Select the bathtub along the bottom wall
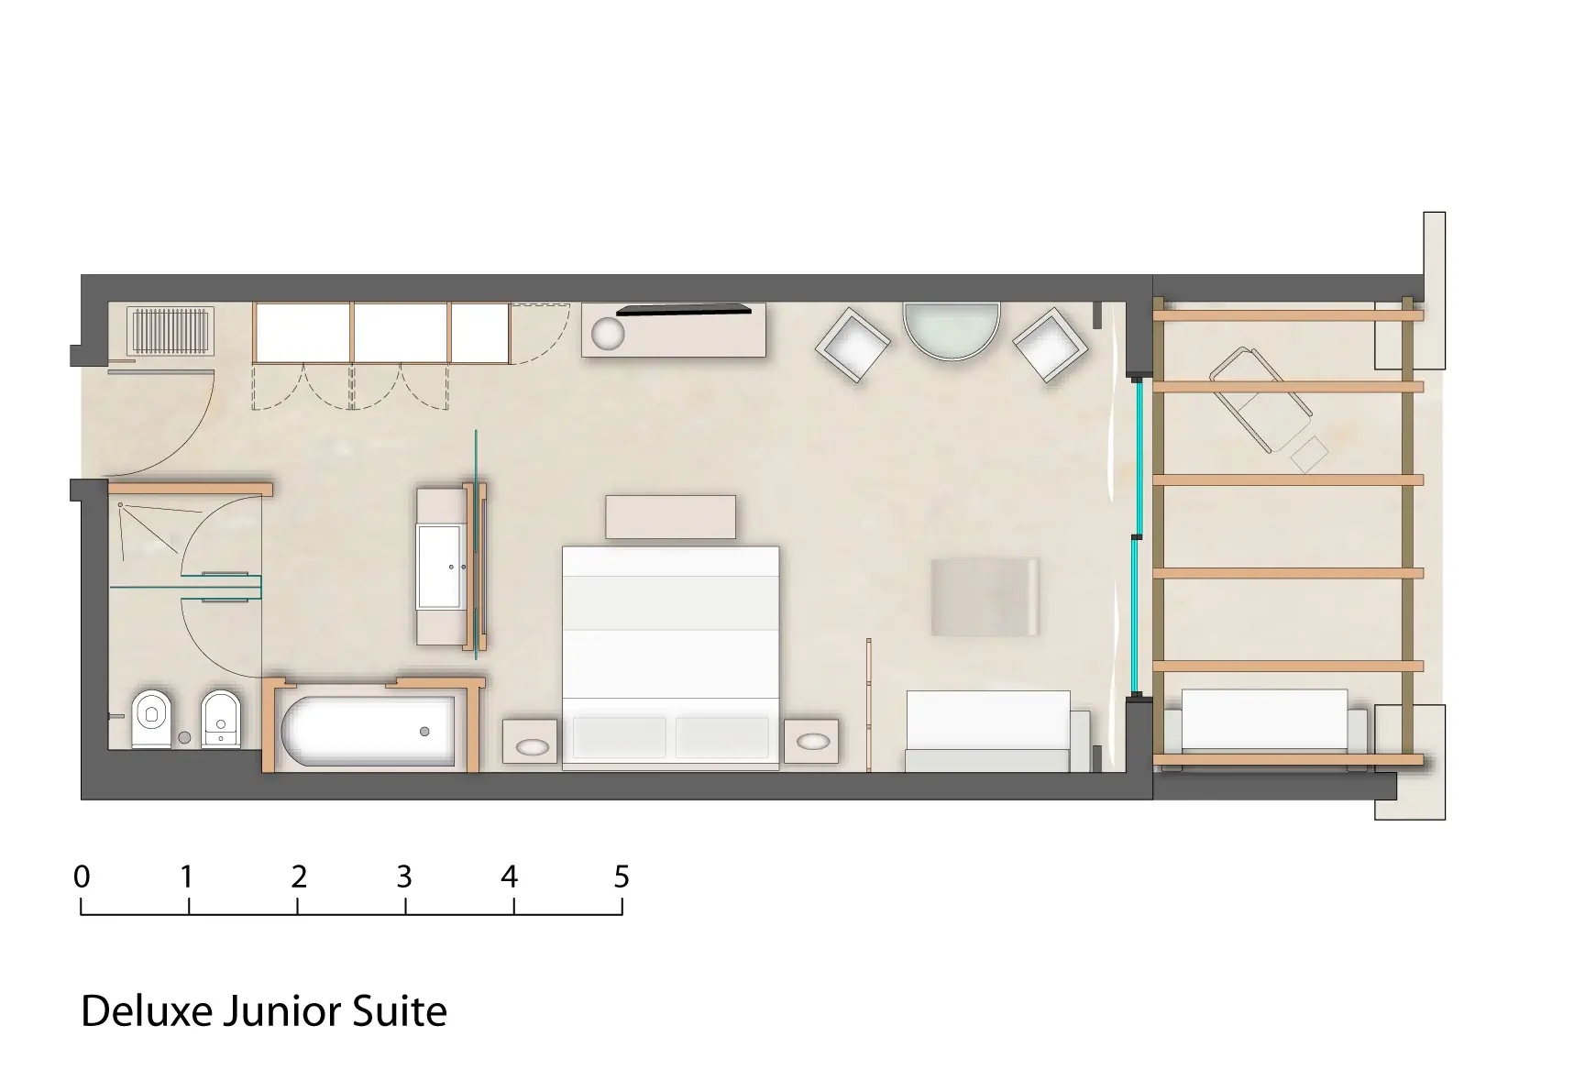click(x=369, y=732)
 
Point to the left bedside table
click(x=531, y=741)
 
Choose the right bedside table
click(x=811, y=741)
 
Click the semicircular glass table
click(x=951, y=330)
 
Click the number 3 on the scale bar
click(x=404, y=877)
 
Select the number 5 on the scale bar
click(x=622, y=877)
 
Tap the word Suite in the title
click(x=404, y=1011)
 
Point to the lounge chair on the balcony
click(x=1261, y=401)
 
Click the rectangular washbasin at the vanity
click(x=439, y=566)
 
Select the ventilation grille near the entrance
click(x=170, y=330)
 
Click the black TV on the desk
click(x=684, y=309)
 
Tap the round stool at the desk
click(x=607, y=334)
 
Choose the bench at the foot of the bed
click(x=670, y=517)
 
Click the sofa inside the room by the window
click(x=997, y=731)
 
